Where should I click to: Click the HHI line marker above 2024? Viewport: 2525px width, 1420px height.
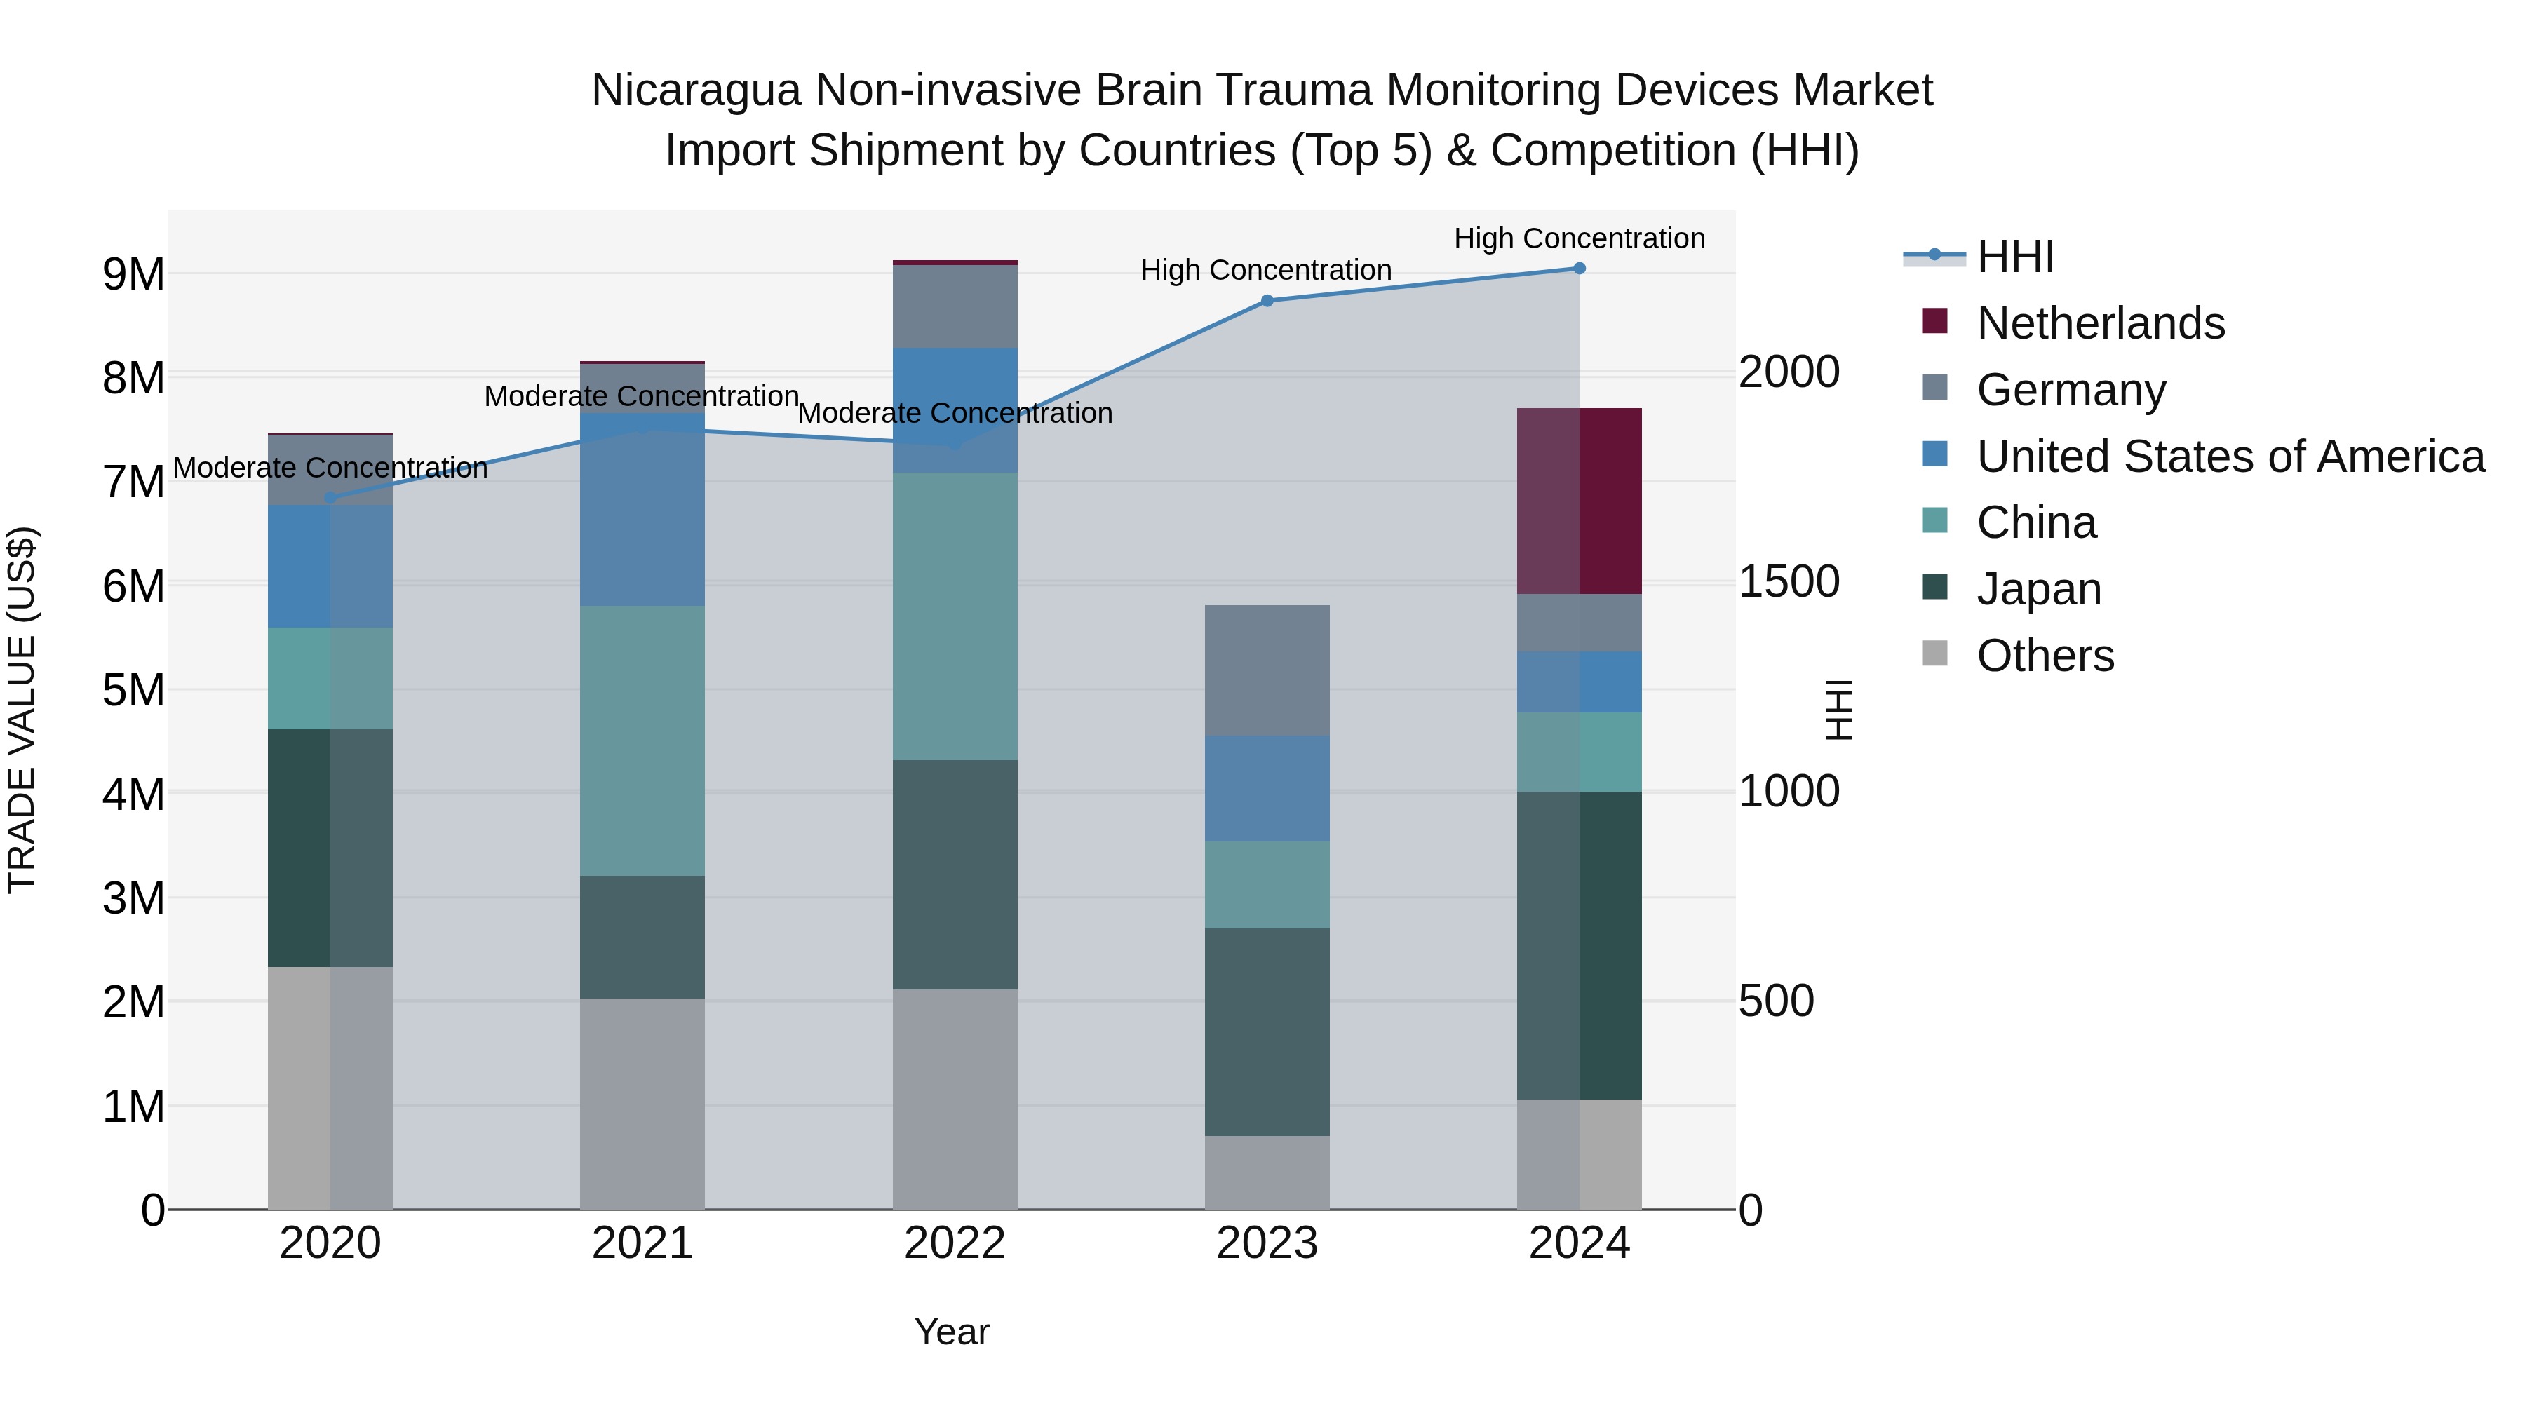tap(1579, 269)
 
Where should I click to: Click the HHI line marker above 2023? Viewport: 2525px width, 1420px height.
tap(1267, 301)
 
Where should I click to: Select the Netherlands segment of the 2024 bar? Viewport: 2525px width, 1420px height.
tap(1579, 501)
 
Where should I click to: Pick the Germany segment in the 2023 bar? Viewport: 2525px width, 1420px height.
tap(1267, 670)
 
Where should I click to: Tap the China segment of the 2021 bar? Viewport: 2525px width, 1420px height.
tap(642, 741)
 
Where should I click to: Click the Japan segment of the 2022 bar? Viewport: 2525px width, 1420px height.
tap(955, 874)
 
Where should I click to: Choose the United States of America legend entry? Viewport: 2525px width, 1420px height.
tap(2230, 457)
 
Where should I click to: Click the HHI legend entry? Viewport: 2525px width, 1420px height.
tap(2014, 257)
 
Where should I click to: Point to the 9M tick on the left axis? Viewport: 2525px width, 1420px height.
tap(133, 274)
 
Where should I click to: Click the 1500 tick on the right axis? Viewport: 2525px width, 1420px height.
tap(1789, 581)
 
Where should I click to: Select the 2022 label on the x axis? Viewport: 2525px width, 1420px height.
tap(955, 1243)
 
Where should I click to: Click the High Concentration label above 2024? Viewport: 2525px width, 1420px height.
tap(1579, 238)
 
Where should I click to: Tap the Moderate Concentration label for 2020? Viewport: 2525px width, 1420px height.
tap(330, 468)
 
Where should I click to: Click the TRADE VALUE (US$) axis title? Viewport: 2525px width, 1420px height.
tap(22, 710)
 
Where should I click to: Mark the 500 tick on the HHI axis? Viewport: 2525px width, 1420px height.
tap(1775, 1001)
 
